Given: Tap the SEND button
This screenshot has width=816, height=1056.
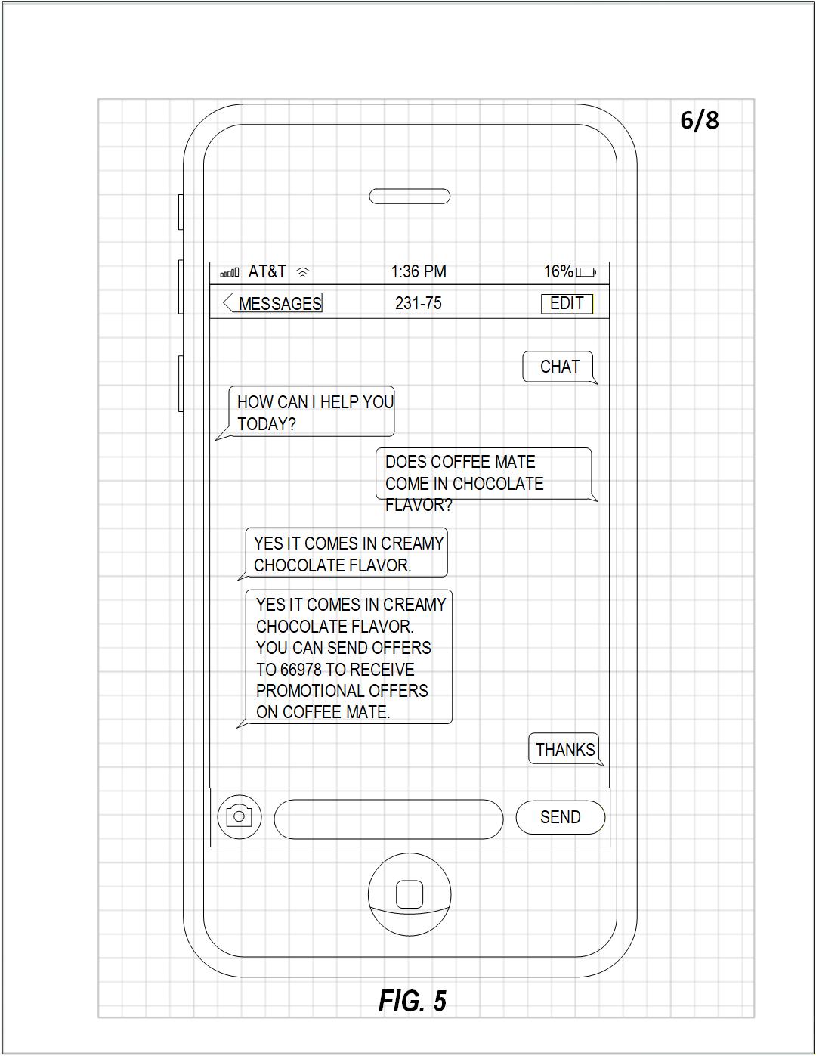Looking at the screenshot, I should pos(560,817).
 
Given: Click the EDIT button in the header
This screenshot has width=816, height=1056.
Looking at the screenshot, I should pos(567,304).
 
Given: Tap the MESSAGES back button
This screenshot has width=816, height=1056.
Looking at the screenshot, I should pos(274,304).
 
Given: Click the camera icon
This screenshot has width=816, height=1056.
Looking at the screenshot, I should pos(239,816).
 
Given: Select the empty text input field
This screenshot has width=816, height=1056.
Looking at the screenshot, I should pos(388,819).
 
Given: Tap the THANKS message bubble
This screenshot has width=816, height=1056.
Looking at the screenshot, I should pos(565,750).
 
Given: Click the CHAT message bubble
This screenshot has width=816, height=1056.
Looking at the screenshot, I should pos(559,367).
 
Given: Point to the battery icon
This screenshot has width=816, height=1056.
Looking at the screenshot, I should pos(586,272).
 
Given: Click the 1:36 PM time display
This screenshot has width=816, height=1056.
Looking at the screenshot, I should pos(419,271).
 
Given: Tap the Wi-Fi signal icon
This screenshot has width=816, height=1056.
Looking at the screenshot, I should pos(303,272).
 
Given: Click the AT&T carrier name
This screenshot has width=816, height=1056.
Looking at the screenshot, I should pos(267,271).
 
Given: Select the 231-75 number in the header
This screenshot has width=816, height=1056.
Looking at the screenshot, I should pos(419,304).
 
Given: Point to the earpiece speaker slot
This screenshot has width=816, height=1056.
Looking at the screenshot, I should pos(410,197).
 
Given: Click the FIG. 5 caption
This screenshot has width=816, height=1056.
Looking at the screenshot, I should pos(413,1001).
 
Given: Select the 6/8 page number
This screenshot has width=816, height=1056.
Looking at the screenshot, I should pos(700,120).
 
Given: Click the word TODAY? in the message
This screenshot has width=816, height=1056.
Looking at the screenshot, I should pos(267,424).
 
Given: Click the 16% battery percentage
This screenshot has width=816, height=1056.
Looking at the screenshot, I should pos(558,271).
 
